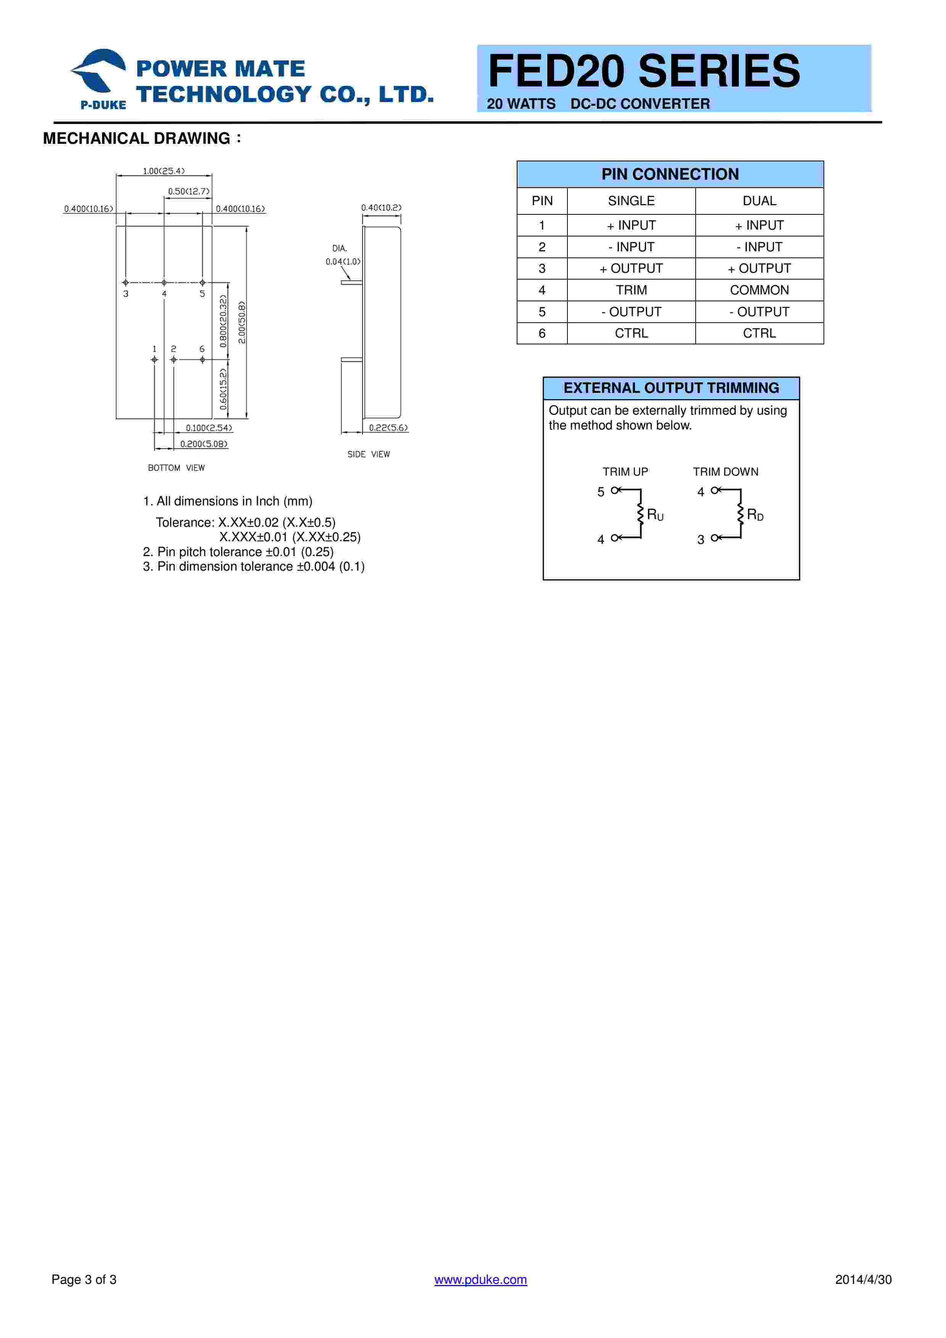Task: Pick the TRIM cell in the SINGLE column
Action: pyautogui.click(x=631, y=290)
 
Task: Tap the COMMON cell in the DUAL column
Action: pyautogui.click(x=759, y=290)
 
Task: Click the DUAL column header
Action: pyautogui.click(x=759, y=201)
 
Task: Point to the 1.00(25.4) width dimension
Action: pyautogui.click(x=163, y=171)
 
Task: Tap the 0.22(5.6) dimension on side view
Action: pyautogui.click(x=388, y=428)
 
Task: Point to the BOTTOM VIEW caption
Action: pyautogui.click(x=176, y=468)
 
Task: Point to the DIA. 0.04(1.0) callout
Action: pyautogui.click(x=342, y=255)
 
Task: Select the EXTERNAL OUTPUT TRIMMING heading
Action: pyautogui.click(x=671, y=388)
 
